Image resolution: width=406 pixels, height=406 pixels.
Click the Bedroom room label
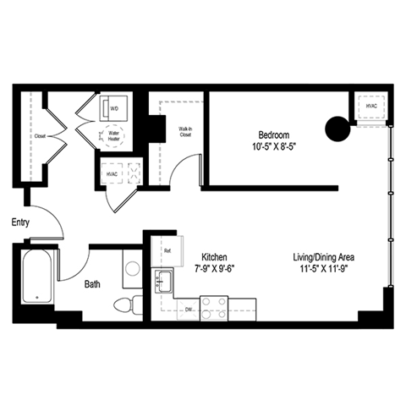tap(274, 134)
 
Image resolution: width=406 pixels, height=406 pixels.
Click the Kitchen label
tap(213, 258)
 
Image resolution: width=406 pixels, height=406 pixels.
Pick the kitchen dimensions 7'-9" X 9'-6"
tap(213, 270)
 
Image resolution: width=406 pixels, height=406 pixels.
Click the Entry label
tap(21, 222)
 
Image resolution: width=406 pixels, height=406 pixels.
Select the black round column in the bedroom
tap(337, 129)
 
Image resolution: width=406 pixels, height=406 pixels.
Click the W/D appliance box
tap(114, 108)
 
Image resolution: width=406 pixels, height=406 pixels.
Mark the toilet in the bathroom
tap(128, 304)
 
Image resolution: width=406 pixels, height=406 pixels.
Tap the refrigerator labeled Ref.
tap(168, 250)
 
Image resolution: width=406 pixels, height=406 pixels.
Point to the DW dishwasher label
tap(189, 310)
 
